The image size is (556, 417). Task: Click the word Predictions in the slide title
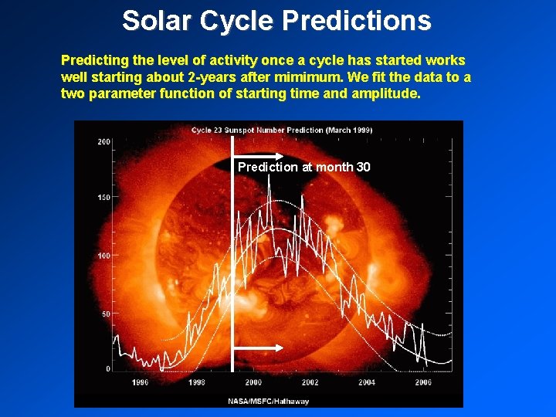356,21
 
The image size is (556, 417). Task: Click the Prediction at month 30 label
303,167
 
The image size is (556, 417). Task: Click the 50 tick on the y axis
106,313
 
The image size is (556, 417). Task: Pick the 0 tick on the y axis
108,369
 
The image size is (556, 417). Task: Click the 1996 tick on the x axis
141,382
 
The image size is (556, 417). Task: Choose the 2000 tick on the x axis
253,382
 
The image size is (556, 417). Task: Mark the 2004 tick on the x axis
366,382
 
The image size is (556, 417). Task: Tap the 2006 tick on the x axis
422,382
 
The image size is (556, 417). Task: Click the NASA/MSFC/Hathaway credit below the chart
268,401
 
